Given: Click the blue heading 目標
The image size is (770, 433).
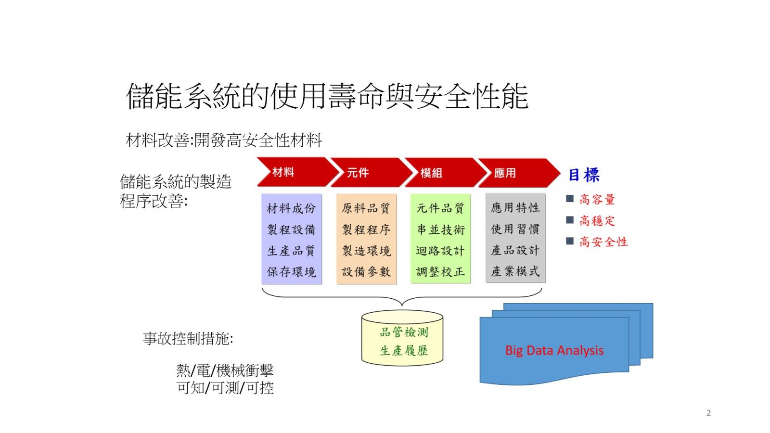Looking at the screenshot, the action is pyautogui.click(x=584, y=175).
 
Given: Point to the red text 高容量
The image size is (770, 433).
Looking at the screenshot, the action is pyautogui.click(x=597, y=200).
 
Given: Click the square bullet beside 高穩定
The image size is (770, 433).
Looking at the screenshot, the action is pyautogui.click(x=570, y=220).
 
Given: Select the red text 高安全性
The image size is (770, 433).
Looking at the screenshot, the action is pyautogui.click(x=603, y=242).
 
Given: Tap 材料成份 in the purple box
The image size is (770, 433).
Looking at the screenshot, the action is pyautogui.click(x=291, y=208).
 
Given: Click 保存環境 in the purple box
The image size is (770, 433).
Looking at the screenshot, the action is pyautogui.click(x=291, y=272).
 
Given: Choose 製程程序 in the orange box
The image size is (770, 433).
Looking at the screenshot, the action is pyautogui.click(x=366, y=229).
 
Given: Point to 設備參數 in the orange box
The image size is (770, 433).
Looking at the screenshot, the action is pyautogui.click(x=366, y=272).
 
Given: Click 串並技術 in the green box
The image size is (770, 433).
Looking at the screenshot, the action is pyautogui.click(x=441, y=229).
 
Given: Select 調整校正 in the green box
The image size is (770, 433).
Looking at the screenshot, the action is pyautogui.click(x=441, y=272).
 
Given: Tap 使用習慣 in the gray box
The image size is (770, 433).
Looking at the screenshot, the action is pyautogui.click(x=515, y=229).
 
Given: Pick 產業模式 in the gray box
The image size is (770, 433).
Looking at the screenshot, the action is pyautogui.click(x=515, y=271).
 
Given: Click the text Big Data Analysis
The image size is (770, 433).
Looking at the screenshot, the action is pyautogui.click(x=554, y=351).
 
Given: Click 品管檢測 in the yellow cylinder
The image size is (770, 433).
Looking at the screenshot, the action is pyautogui.click(x=404, y=332).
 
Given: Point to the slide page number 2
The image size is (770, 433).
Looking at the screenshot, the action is pyautogui.click(x=708, y=413).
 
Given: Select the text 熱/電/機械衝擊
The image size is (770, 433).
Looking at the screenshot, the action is pyautogui.click(x=225, y=370).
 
